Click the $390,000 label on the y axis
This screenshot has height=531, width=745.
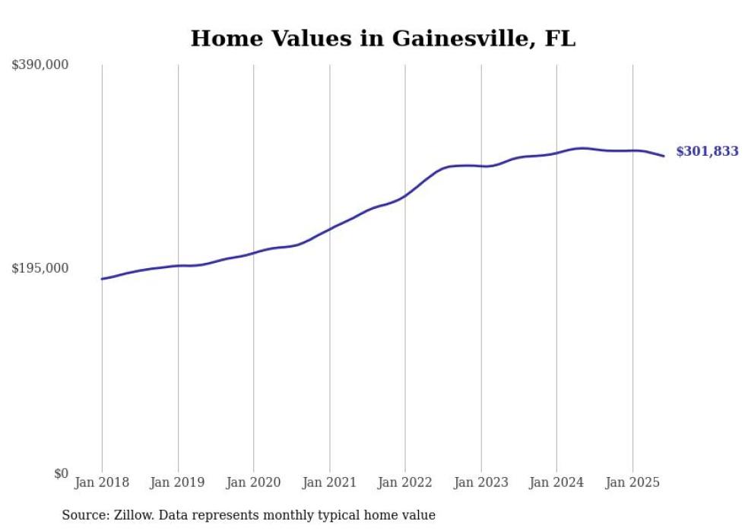click(x=40, y=65)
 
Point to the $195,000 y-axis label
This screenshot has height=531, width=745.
click(x=40, y=268)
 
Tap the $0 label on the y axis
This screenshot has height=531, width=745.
click(x=61, y=473)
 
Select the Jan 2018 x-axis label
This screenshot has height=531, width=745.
click(x=102, y=482)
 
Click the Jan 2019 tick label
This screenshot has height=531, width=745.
click(x=178, y=482)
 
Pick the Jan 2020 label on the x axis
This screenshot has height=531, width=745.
click(x=254, y=482)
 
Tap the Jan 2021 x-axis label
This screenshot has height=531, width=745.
click(x=329, y=482)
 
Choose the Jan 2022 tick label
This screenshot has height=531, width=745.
click(x=405, y=482)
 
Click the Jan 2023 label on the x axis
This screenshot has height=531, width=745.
click(x=481, y=482)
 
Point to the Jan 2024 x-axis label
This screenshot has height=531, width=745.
click(x=556, y=482)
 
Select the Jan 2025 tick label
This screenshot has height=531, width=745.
click(x=632, y=482)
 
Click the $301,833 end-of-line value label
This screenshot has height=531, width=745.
click(x=707, y=151)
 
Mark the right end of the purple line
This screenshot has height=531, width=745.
click(x=664, y=156)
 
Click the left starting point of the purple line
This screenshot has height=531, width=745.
click(x=102, y=279)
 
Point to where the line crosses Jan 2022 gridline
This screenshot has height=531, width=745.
click(x=405, y=195)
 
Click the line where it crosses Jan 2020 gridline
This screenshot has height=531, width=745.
click(x=254, y=252)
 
